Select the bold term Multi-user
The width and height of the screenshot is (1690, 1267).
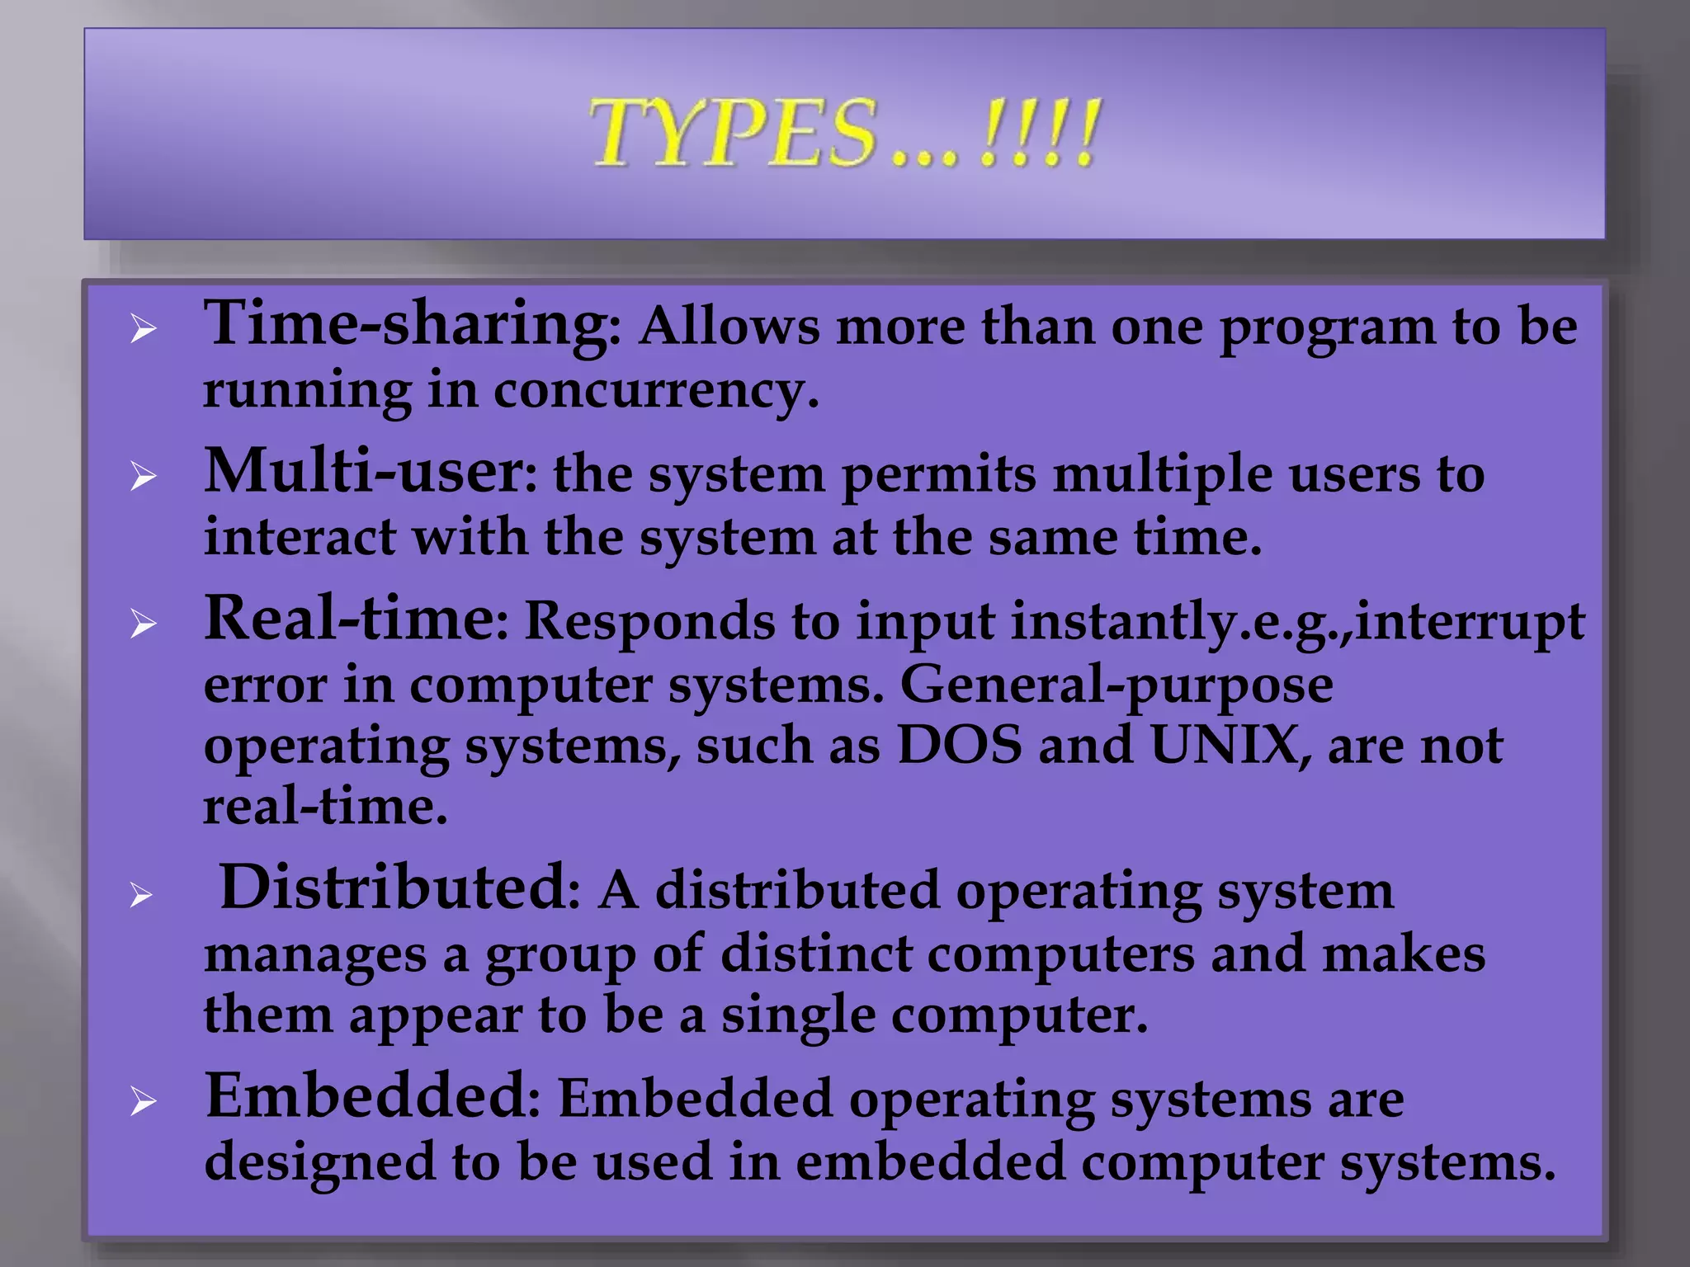point(363,472)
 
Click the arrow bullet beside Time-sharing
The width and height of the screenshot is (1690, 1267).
point(143,331)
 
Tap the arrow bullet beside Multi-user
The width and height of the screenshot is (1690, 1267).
point(143,477)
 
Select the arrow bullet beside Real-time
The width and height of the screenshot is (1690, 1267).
point(143,624)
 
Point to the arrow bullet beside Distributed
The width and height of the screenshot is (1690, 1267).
point(143,895)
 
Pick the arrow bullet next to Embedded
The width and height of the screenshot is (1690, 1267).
point(143,1102)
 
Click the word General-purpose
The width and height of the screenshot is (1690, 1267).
point(1116,685)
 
